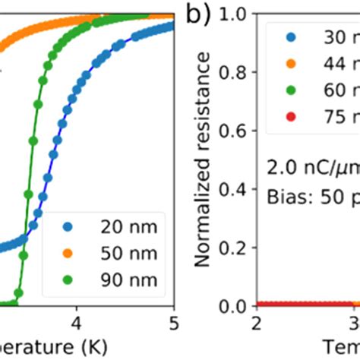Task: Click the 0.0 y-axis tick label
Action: [232, 306]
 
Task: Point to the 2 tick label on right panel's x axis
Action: [257, 323]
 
